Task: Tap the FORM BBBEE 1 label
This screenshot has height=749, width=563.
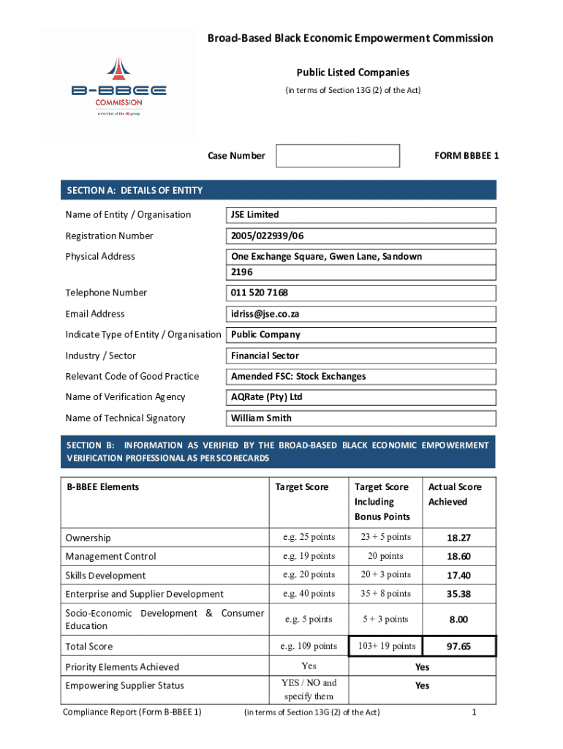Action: click(x=466, y=156)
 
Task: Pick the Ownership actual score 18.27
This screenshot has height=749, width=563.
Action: click(x=458, y=538)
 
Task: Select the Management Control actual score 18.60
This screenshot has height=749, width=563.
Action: click(x=458, y=557)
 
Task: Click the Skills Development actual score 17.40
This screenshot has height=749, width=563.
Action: click(x=458, y=576)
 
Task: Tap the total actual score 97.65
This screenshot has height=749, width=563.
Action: click(x=458, y=647)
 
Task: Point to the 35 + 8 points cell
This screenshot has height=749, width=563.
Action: click(x=386, y=594)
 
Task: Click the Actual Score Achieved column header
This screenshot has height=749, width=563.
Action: click(x=455, y=494)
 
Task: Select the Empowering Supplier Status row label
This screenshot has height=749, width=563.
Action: click(x=124, y=685)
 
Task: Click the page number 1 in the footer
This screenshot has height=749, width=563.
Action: click(x=474, y=712)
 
